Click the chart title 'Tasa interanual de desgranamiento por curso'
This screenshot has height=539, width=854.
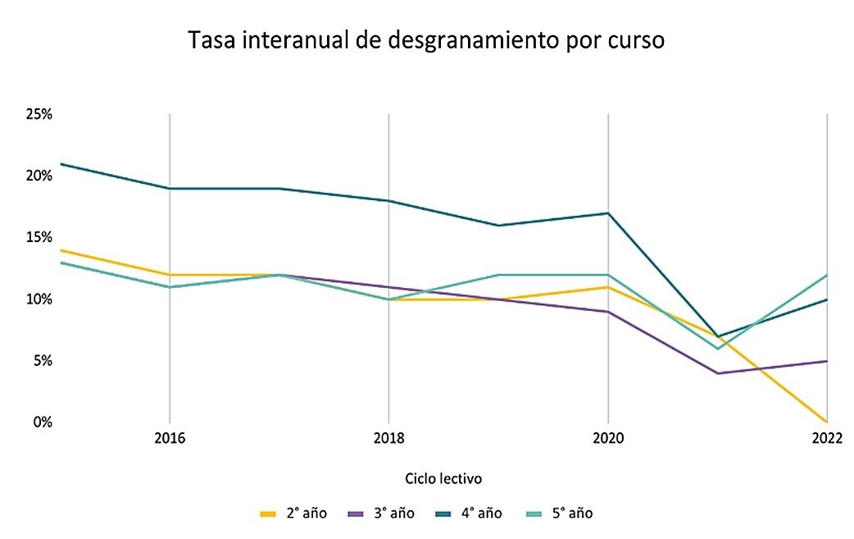426,41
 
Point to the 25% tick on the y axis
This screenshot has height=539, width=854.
39,114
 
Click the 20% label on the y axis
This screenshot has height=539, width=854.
39,176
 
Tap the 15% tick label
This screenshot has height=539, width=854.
39,237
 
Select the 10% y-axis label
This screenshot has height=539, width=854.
39,299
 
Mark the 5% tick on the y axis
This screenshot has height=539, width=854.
41,360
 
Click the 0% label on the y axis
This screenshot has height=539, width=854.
41,422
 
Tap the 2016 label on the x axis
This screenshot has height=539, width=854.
170,439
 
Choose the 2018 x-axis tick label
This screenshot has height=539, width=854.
388,439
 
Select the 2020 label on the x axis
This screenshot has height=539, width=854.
607,439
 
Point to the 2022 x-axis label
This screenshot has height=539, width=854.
827,439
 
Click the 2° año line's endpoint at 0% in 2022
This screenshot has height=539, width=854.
826,422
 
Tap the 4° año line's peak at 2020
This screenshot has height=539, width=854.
607,213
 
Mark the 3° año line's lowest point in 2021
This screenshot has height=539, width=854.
718,373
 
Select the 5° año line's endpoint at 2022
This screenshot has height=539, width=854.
826,275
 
